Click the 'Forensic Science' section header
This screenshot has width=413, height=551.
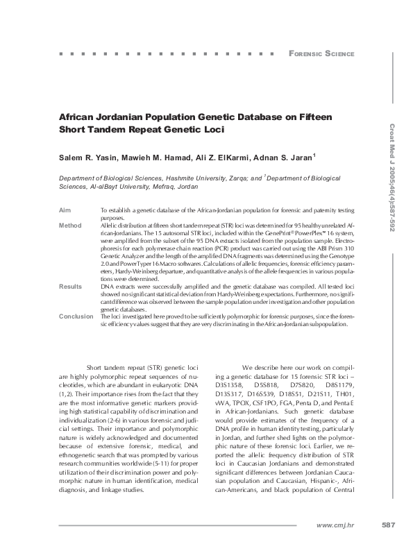tap(321, 53)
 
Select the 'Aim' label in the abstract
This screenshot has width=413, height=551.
tap(65, 210)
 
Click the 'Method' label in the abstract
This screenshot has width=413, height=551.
tap(70, 226)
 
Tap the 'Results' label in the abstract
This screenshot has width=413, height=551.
tap(70, 285)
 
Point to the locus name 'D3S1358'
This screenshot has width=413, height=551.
tap(230, 382)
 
